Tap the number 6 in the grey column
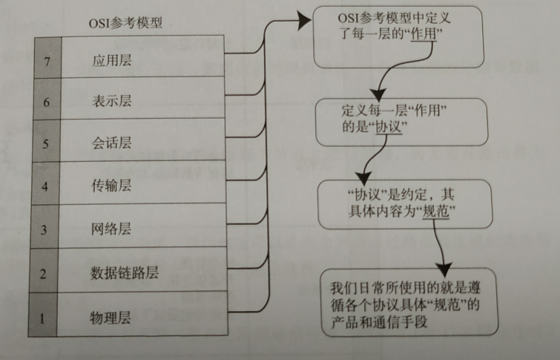point(46,102)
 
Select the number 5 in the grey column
point(46,144)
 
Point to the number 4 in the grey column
point(45,187)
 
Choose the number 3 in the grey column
point(45,229)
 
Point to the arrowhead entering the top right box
point(303,22)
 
